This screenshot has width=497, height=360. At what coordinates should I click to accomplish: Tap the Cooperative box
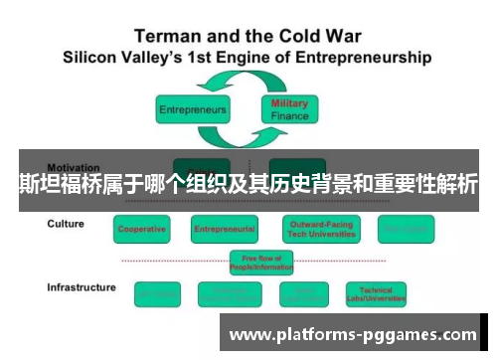point(142,229)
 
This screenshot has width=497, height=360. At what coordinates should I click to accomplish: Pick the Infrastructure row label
point(82,287)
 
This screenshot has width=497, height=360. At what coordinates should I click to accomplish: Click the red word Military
point(289,103)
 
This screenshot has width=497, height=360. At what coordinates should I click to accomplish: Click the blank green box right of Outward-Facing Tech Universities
point(406,229)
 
